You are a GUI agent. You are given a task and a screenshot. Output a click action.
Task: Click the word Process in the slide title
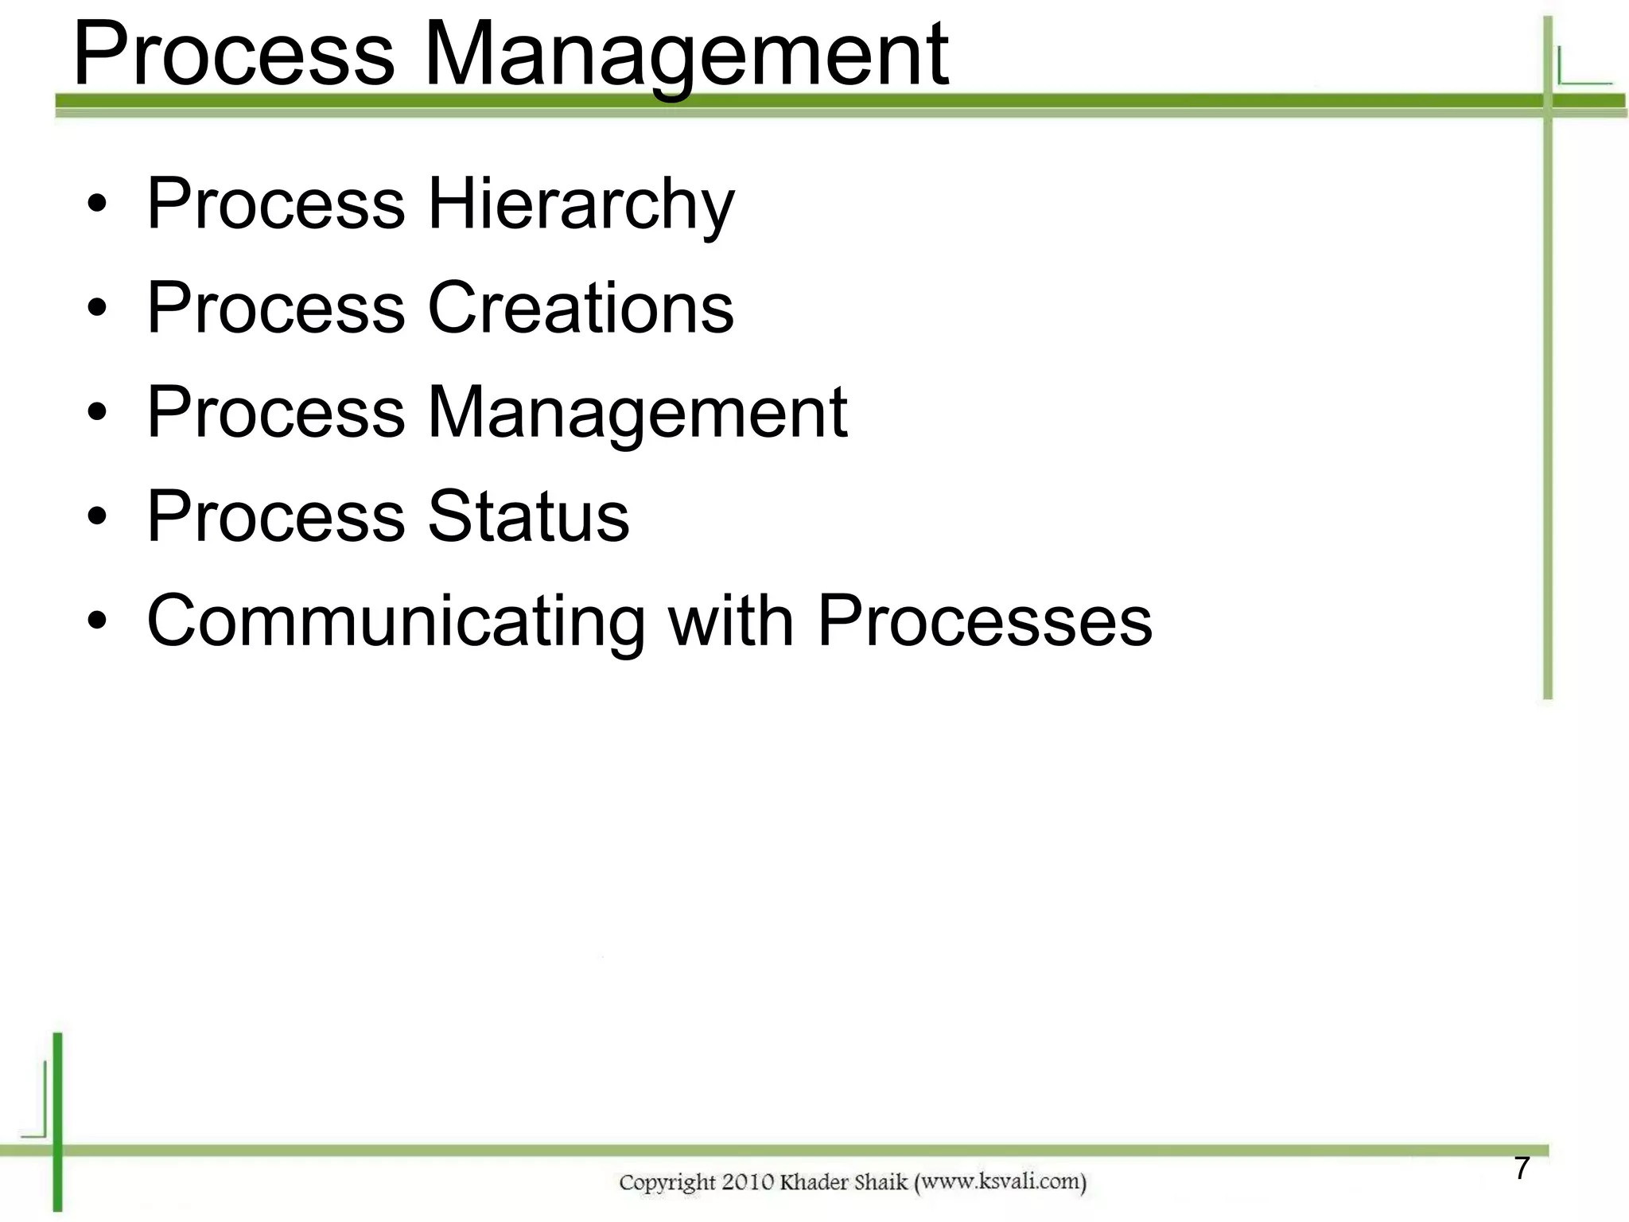pos(233,56)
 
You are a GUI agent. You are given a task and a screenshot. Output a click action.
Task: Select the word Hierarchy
pos(581,204)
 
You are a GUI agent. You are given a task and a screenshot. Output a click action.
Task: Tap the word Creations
pos(581,308)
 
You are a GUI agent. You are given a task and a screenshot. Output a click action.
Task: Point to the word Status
pos(528,516)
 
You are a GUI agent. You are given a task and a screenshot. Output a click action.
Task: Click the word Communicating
pos(395,621)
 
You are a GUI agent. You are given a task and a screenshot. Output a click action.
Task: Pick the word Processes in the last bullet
pos(985,621)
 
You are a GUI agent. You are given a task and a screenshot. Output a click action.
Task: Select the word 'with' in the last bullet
pos(731,621)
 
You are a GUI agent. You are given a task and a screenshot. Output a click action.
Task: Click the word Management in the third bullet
pos(637,412)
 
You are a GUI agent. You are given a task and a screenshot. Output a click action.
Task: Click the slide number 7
pos(1522,1168)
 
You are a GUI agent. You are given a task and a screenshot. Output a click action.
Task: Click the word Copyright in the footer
pos(667,1183)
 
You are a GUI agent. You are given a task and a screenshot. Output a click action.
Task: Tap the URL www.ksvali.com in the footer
pos(1000,1181)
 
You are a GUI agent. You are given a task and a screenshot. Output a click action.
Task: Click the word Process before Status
pos(276,516)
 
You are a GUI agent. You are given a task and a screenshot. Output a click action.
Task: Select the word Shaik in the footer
pos(882,1182)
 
